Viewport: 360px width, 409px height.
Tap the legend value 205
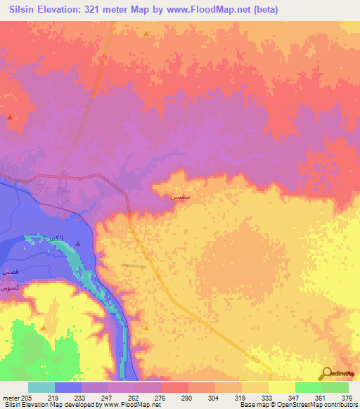(27, 397)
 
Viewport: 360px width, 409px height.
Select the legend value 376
(347, 397)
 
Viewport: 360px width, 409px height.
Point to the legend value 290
(186, 397)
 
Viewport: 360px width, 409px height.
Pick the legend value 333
(266, 397)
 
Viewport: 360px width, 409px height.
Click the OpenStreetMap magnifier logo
(327, 373)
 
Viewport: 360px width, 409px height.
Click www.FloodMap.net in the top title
(214, 10)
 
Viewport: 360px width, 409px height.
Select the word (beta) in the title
(267, 10)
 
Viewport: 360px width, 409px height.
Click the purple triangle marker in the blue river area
(78, 244)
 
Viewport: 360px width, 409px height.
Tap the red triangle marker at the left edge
(9, 117)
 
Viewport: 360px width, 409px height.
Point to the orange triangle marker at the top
(146, 34)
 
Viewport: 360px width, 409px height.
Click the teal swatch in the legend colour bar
(41, 387)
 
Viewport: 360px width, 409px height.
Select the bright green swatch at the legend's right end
(335, 387)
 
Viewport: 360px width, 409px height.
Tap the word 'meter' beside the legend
(11, 397)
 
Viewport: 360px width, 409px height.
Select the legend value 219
(53, 397)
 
